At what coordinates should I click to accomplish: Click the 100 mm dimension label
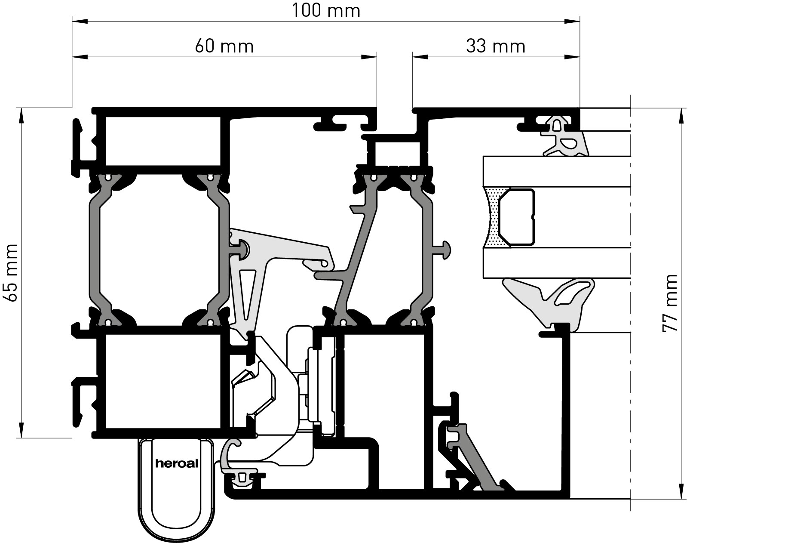click(x=326, y=10)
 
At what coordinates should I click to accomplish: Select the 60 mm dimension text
click(x=224, y=46)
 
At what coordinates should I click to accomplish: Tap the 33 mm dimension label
click(x=496, y=46)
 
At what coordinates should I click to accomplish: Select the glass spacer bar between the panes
click(x=517, y=217)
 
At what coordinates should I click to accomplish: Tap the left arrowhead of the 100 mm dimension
click(x=80, y=20)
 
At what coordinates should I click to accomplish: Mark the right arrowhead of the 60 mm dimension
click(x=369, y=56)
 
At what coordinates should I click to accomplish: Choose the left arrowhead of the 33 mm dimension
click(x=420, y=56)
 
